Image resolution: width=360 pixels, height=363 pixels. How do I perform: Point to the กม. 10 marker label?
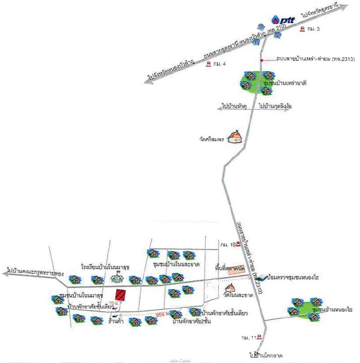[228, 244]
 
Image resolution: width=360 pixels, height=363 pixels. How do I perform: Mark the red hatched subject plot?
[122, 295]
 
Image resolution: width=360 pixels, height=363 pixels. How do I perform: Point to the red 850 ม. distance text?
[160, 315]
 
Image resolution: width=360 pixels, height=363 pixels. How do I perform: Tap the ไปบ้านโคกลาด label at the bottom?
[266, 356]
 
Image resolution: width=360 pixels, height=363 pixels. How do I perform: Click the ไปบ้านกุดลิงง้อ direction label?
[275, 107]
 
